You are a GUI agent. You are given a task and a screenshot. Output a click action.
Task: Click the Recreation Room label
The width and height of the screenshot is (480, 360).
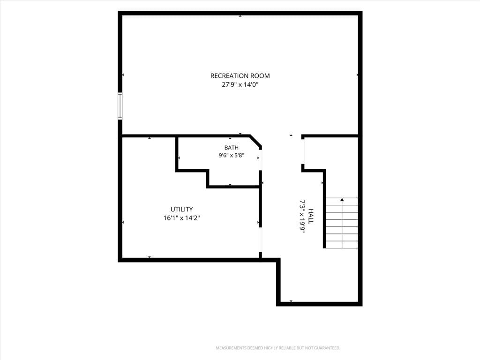pyautogui.click(x=240, y=75)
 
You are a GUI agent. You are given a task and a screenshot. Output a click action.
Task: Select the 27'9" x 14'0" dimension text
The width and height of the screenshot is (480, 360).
pyautogui.click(x=240, y=85)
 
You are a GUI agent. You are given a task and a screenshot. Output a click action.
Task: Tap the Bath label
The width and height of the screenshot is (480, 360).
pyautogui.click(x=232, y=148)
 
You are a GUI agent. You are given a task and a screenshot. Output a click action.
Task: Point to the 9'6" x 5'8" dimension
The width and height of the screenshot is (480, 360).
pyautogui.click(x=231, y=155)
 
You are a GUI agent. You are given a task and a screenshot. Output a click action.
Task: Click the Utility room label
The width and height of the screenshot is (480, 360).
pyautogui.click(x=181, y=209)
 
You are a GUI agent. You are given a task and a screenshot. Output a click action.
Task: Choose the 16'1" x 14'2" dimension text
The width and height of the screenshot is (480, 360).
pyautogui.click(x=181, y=218)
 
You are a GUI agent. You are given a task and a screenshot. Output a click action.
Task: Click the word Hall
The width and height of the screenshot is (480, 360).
pyautogui.click(x=311, y=216)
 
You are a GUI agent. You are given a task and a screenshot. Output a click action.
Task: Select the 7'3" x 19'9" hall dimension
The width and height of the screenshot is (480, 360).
pyautogui.click(x=302, y=217)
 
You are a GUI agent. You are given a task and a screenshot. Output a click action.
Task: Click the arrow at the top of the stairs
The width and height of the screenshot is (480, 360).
pyautogui.click(x=342, y=200)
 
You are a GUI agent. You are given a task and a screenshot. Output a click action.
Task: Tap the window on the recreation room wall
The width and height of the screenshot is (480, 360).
pyautogui.click(x=120, y=106)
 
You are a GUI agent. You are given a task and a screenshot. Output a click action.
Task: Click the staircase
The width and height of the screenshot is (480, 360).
pyautogui.click(x=342, y=223)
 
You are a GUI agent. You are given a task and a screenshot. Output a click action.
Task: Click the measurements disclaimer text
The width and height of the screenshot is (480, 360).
pyautogui.click(x=278, y=348)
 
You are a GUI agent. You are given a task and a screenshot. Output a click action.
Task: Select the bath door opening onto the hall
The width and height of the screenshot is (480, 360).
pyautogui.click(x=260, y=160)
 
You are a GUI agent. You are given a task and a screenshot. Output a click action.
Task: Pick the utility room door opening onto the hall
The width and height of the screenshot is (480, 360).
pyautogui.click(x=261, y=240)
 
